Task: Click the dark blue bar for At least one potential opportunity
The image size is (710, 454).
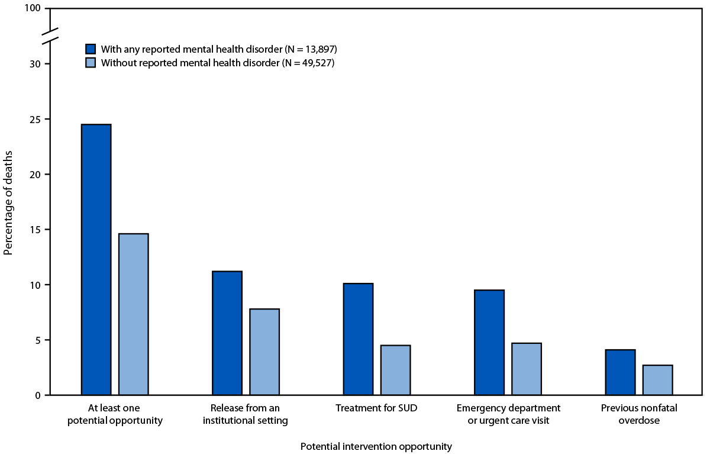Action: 96,260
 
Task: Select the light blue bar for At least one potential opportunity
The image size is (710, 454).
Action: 134,314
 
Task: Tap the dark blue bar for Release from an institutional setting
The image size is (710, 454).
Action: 227,333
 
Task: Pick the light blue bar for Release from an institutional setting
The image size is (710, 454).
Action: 264,352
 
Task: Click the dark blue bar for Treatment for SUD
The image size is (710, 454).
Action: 359,339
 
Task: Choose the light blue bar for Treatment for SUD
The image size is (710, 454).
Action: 396,370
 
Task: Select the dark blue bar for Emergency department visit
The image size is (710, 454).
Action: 489,343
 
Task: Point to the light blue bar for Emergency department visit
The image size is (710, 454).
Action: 527,369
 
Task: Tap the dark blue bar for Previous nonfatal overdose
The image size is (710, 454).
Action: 621,372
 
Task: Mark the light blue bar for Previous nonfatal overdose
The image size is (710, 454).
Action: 658,380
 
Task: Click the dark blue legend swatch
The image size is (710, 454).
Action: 91,49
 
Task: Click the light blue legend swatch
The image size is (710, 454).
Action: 91,63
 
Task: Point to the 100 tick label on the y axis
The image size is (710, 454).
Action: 34,9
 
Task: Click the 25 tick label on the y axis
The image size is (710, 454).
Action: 37,119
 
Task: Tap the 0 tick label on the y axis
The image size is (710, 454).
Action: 39,395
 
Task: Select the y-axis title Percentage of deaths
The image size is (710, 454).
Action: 8,202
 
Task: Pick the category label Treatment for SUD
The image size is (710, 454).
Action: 377,408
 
